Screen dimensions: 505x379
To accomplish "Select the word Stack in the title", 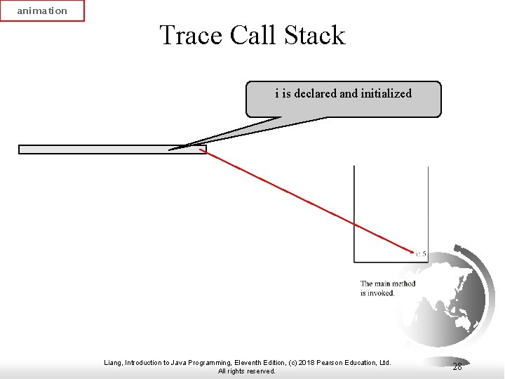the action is point(314,35).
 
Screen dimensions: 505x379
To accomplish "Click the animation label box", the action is point(42,11).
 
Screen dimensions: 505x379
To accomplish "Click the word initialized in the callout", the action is point(386,93).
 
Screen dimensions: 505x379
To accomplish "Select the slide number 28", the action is point(457,366).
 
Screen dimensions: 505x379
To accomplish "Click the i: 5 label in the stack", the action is point(421,253).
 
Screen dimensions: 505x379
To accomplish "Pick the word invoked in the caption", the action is point(382,293).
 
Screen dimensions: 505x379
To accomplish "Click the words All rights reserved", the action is point(247,371).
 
